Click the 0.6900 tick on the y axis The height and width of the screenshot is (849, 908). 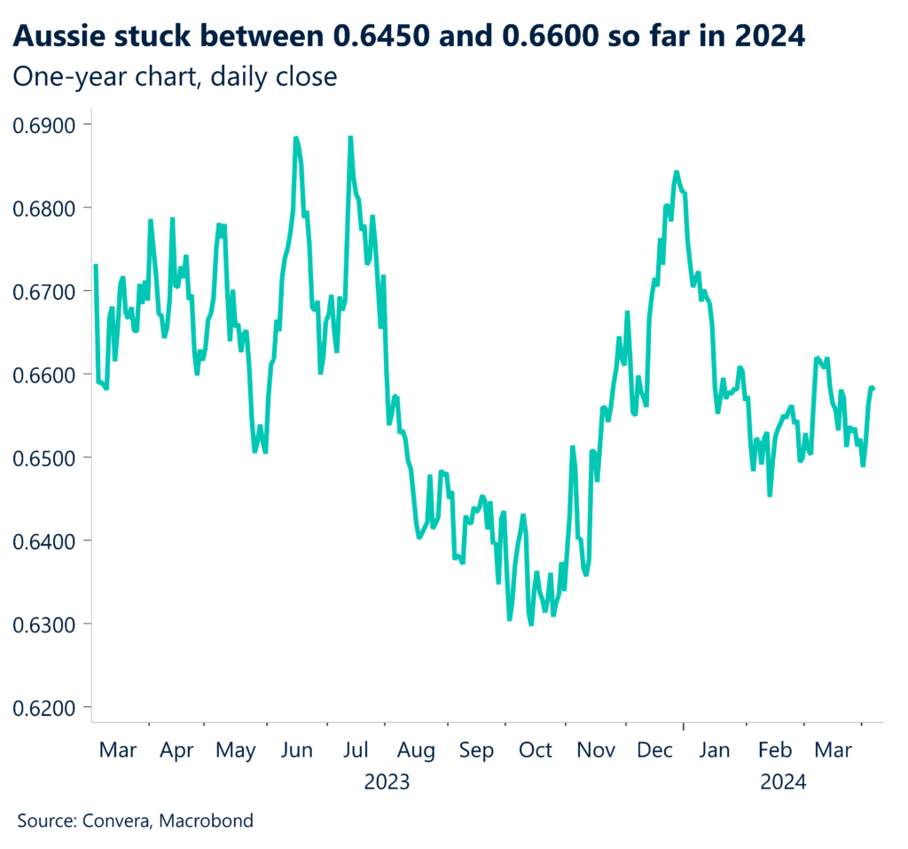46,124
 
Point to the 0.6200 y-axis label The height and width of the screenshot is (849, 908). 46,707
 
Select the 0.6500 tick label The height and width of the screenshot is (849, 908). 46,458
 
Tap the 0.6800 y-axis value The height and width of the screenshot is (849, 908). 46,208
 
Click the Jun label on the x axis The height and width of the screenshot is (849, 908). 296,751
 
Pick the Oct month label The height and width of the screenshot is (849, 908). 535,751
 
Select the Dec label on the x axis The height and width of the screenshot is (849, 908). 654,751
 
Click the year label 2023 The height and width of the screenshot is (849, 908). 387,782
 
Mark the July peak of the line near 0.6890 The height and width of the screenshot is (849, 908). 350,138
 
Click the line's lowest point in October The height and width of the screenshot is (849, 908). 530,624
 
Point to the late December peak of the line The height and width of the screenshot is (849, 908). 676,172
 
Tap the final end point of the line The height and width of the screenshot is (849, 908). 874,388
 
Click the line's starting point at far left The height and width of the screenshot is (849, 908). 95,265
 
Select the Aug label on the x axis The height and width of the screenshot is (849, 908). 416,751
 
